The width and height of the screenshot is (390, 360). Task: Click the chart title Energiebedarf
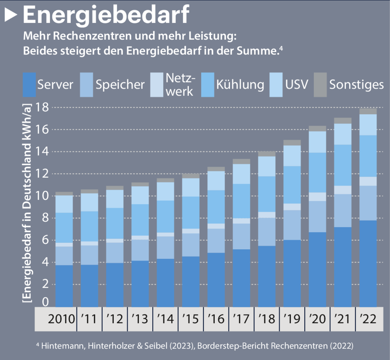[106, 15]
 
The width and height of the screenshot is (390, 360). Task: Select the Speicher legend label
[120, 84]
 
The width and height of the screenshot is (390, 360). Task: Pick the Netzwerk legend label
[180, 84]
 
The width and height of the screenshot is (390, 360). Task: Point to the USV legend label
[297, 84]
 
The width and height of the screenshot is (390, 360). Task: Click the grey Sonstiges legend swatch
[320, 84]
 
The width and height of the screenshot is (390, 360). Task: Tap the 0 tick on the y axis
[45, 302]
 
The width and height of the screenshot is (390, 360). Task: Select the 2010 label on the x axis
[61, 319]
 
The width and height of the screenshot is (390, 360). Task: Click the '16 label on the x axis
[216, 319]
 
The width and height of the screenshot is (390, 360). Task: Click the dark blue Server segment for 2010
[64, 285]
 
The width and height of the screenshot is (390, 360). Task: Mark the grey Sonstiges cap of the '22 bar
[368, 111]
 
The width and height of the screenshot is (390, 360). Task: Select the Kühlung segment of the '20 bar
[318, 172]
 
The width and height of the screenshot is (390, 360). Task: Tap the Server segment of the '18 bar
[267, 276]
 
